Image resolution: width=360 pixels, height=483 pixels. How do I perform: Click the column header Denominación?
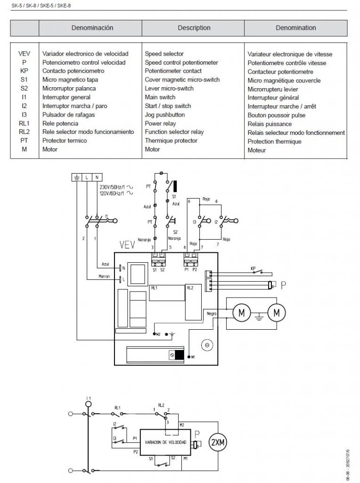click(92, 28)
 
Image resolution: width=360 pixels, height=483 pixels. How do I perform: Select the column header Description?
click(194, 28)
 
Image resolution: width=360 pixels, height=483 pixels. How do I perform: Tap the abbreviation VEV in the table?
click(24, 54)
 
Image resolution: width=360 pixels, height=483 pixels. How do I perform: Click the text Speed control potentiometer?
click(181, 62)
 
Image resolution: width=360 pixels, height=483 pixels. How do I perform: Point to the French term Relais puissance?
click(270, 124)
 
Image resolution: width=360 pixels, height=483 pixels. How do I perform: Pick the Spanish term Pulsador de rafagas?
click(68, 115)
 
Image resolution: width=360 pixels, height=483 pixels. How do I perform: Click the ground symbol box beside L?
click(76, 177)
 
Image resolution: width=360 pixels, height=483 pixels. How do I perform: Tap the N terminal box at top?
click(97, 177)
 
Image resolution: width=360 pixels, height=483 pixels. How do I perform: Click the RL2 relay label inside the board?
click(190, 287)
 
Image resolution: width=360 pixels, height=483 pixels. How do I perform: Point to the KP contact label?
click(253, 268)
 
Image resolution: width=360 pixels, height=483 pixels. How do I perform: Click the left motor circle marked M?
click(242, 312)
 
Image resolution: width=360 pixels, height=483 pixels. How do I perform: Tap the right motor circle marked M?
click(277, 312)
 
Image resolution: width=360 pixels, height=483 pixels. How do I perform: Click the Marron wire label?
click(104, 276)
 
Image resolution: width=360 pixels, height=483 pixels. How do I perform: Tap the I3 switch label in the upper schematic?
click(194, 221)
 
